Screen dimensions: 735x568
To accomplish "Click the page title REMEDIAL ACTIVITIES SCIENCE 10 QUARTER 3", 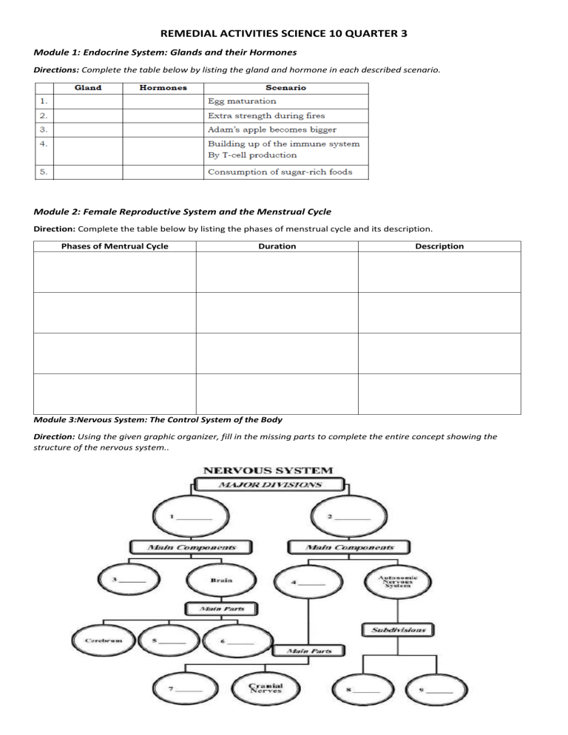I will point(283,34).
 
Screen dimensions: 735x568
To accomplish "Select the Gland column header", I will point(88,87).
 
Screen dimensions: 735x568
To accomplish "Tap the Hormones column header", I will point(163,87).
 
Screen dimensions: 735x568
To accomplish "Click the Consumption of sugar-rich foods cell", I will point(280,172).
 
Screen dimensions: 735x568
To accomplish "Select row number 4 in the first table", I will point(45,143).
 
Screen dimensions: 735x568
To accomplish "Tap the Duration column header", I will point(277,246).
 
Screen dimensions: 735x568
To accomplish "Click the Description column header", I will point(439,246).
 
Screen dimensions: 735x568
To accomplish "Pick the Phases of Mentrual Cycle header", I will point(115,246).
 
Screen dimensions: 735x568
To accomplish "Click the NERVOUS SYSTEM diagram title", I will point(268,470).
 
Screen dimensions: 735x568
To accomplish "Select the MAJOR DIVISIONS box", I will point(268,485).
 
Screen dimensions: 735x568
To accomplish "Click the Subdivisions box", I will point(398,631).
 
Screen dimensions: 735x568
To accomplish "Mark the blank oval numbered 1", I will point(191,518).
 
